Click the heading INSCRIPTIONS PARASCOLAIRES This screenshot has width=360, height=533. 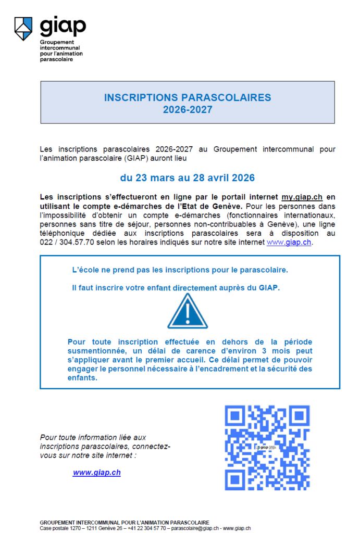click(x=188, y=97)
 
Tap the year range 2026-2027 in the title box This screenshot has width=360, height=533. click(x=188, y=109)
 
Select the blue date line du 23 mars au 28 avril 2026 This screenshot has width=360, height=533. click(x=188, y=178)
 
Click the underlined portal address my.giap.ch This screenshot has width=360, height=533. click(x=302, y=197)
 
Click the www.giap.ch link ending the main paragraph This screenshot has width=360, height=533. click(x=289, y=242)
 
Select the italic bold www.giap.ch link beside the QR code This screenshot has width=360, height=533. click(x=97, y=473)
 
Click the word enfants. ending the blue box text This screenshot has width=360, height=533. click(x=82, y=378)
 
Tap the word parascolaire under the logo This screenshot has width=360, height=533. click(x=56, y=59)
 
